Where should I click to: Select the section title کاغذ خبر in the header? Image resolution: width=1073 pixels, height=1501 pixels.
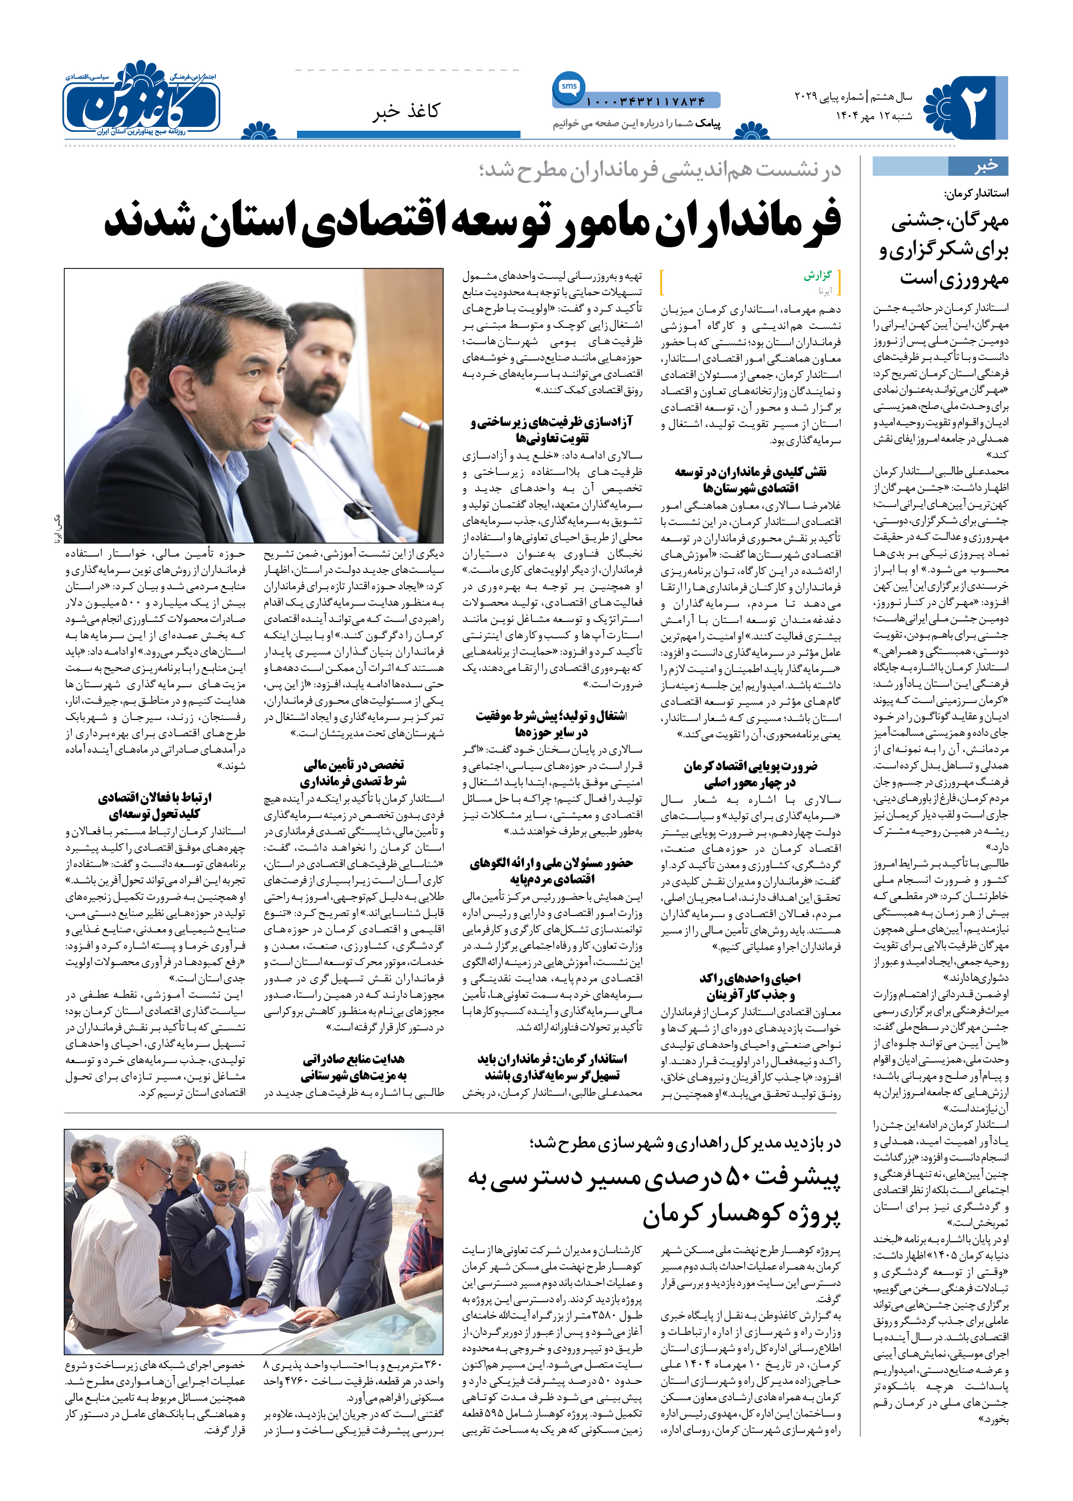pyautogui.click(x=405, y=112)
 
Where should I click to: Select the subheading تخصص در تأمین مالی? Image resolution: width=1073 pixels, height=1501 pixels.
pyautogui.click(x=354, y=765)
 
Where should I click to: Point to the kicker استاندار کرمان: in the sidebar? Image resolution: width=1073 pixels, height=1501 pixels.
pyautogui.click(x=976, y=194)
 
